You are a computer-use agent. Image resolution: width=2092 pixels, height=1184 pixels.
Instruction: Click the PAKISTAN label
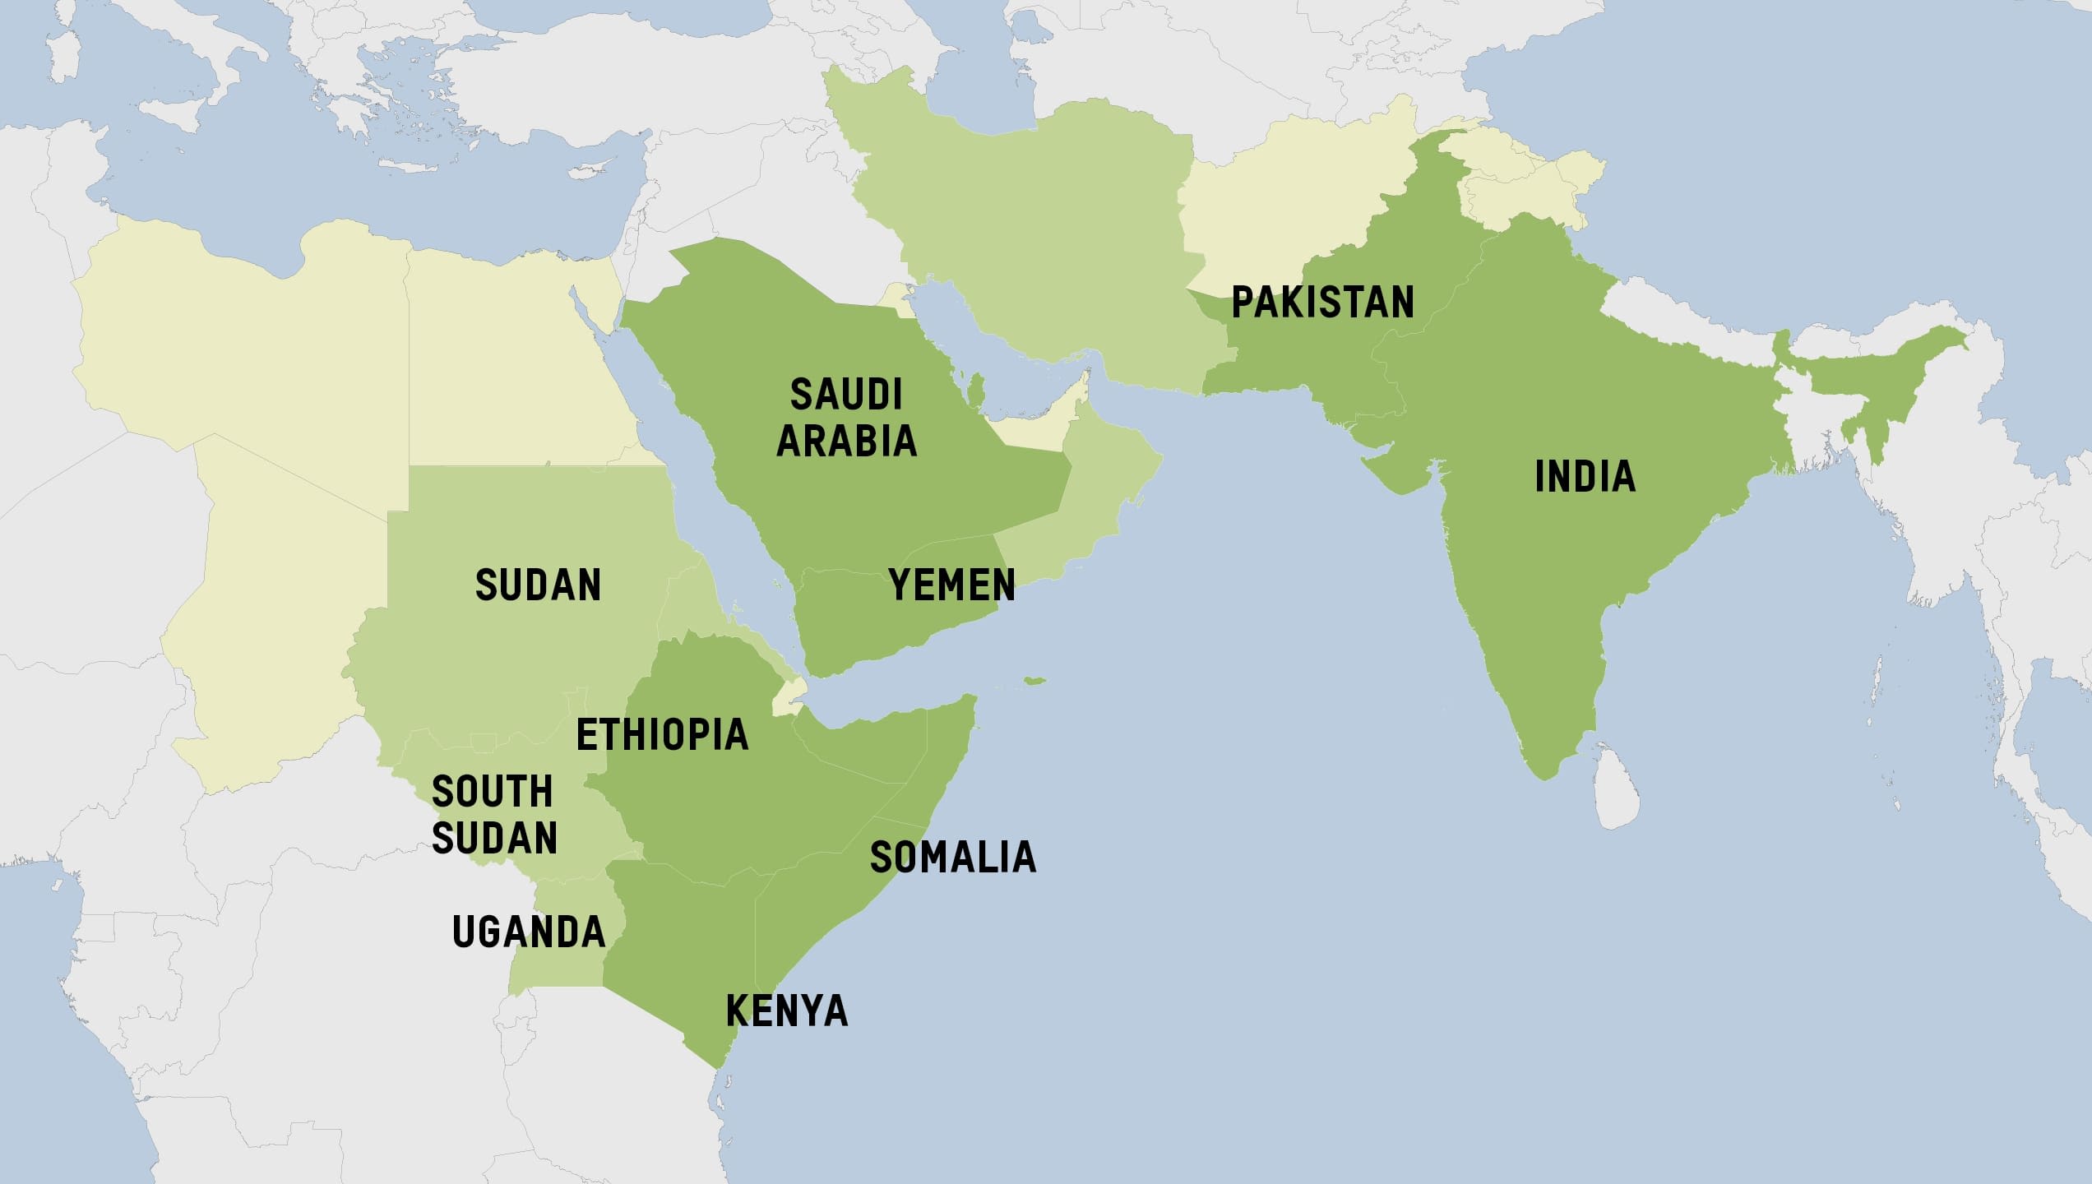pyautogui.click(x=1322, y=302)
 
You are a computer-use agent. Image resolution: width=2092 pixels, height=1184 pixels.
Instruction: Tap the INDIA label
pyautogui.click(x=1585, y=477)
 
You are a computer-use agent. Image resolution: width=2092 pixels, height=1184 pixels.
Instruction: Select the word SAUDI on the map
pyautogui.click(x=846, y=395)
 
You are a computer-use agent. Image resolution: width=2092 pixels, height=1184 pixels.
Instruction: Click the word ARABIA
pyautogui.click(x=846, y=441)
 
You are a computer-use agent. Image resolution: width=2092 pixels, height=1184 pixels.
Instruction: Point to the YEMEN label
pyautogui.click(x=951, y=585)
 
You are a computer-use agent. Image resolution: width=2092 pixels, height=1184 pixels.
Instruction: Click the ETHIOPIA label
pyautogui.click(x=662, y=734)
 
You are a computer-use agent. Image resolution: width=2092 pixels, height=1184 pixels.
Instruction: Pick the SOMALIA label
pyautogui.click(x=952, y=857)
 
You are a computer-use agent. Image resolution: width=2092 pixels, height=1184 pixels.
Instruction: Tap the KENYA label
pyautogui.click(x=786, y=1011)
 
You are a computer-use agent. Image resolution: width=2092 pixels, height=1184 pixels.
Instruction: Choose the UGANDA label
pyautogui.click(x=529, y=932)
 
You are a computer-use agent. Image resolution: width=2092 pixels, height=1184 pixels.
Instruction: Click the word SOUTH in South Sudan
pyautogui.click(x=492, y=792)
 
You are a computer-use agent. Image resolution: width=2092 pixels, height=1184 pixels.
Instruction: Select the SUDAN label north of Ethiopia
pyautogui.click(x=538, y=585)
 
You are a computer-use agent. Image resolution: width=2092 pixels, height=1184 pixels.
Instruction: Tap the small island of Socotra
pyautogui.click(x=1034, y=681)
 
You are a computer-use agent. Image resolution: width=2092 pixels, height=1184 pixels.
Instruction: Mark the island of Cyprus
pyautogui.click(x=589, y=173)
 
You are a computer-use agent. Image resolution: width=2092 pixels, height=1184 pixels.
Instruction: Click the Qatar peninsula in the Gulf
pyautogui.click(x=976, y=387)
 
